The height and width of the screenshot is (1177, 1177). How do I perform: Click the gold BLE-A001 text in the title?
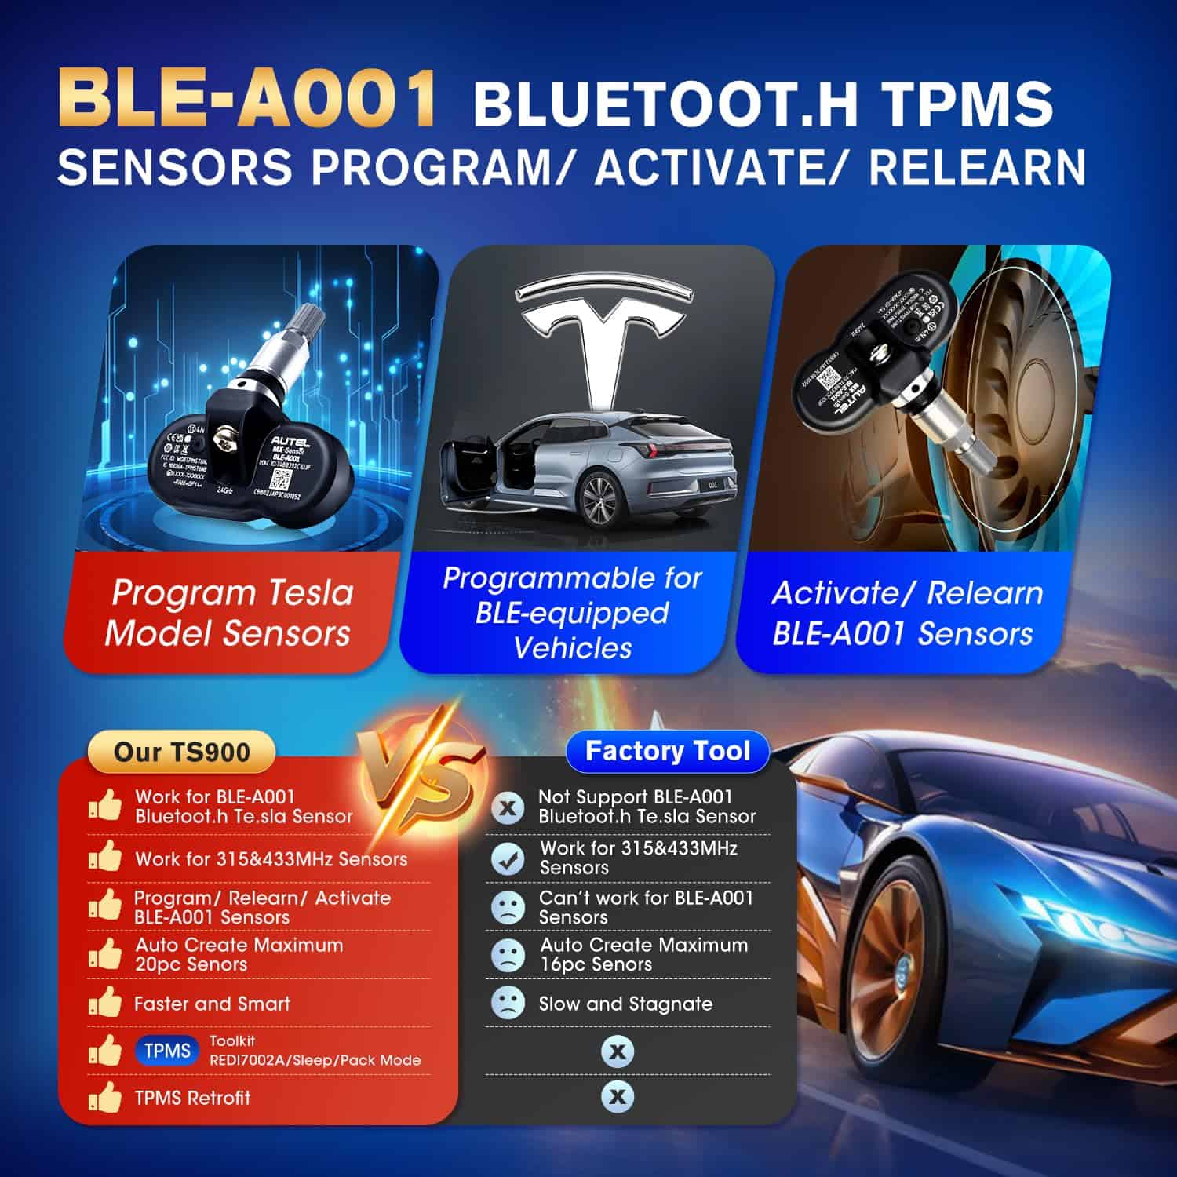(247, 100)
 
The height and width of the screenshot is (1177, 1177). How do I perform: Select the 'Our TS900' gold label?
(181, 752)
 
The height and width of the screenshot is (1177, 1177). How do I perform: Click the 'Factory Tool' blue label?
(668, 751)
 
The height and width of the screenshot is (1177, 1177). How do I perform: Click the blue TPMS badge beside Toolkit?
(167, 1051)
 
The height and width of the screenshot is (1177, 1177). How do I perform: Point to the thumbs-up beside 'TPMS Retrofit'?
(105, 1097)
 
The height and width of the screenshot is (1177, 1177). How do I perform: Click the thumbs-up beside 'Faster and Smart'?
(105, 1003)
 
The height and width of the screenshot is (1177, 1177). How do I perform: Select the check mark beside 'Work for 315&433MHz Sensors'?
(508, 858)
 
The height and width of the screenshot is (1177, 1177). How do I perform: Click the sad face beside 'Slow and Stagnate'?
(508, 1003)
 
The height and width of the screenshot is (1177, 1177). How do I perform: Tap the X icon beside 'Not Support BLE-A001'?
(508, 807)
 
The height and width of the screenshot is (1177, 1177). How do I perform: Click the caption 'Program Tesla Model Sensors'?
(230, 612)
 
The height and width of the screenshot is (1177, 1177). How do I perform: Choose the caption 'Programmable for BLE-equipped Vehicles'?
(573, 612)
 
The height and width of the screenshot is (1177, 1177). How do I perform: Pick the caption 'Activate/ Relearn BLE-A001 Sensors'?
(906, 612)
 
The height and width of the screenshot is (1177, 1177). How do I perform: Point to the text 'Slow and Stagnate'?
(625, 1004)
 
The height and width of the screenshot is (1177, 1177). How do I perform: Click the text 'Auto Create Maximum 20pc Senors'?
(239, 954)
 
